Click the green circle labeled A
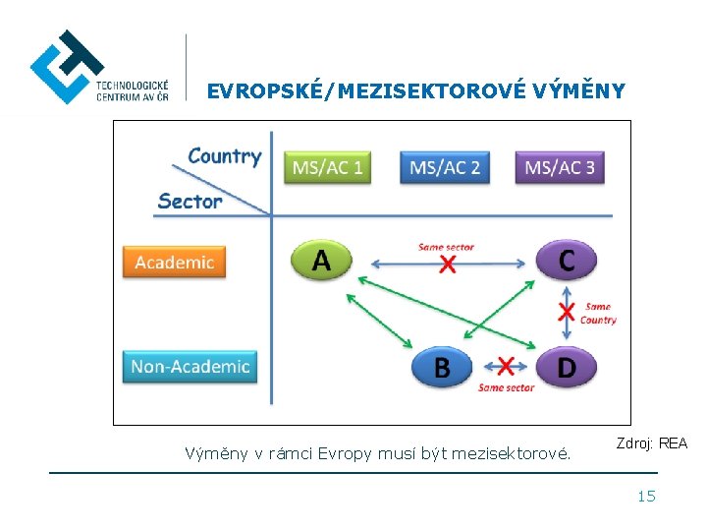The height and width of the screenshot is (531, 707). [x=321, y=261]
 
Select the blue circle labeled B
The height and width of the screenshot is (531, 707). [x=442, y=367]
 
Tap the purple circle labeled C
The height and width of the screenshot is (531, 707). [x=566, y=261]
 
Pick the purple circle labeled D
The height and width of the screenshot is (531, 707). [x=567, y=367]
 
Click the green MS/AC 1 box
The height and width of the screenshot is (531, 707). [x=327, y=167]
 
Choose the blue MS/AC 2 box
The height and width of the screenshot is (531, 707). [x=445, y=167]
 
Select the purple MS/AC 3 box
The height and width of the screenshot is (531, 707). [x=560, y=167]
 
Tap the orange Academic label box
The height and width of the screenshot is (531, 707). [x=174, y=262]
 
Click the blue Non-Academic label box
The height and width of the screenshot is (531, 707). [x=190, y=367]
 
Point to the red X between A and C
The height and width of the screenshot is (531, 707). [x=448, y=264]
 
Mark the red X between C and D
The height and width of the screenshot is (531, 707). [x=567, y=313]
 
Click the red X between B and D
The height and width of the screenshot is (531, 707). [x=505, y=367]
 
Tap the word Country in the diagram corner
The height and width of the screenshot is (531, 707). [x=224, y=155]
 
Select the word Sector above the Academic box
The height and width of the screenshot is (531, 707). [x=190, y=201]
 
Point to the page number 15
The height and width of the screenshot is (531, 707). [x=646, y=496]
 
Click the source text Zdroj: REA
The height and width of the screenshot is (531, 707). [x=652, y=443]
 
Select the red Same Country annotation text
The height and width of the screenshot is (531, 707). [x=598, y=313]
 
